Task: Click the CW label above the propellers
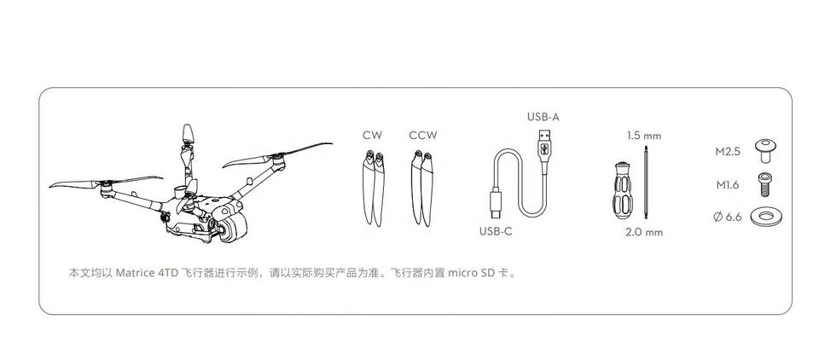click(372, 135)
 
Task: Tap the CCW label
click(422, 135)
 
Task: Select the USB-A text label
click(543, 116)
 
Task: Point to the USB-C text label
click(496, 231)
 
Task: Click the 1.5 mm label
click(644, 135)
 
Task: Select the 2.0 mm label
click(644, 231)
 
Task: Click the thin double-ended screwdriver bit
click(647, 183)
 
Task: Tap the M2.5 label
click(727, 152)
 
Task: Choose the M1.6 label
click(727, 183)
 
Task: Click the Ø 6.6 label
click(728, 217)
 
